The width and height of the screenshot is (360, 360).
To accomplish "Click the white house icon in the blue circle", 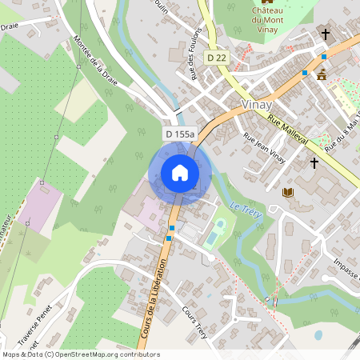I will (x=180, y=172).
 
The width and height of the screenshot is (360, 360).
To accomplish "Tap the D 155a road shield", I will (x=180, y=134).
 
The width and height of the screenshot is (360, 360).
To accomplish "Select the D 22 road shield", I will (x=216, y=57).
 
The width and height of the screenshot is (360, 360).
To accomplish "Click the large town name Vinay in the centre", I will (x=257, y=105).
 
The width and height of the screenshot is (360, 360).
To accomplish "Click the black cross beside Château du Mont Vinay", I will (x=325, y=34).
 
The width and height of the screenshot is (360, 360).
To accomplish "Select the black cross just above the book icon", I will (x=314, y=162).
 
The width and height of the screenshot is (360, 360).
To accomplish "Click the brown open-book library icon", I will (x=288, y=192).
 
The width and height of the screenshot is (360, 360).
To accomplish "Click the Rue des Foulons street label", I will (x=194, y=54).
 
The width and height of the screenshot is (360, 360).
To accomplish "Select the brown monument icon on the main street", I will (x=322, y=74).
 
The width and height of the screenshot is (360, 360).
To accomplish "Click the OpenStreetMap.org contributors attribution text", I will (x=104, y=354).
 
